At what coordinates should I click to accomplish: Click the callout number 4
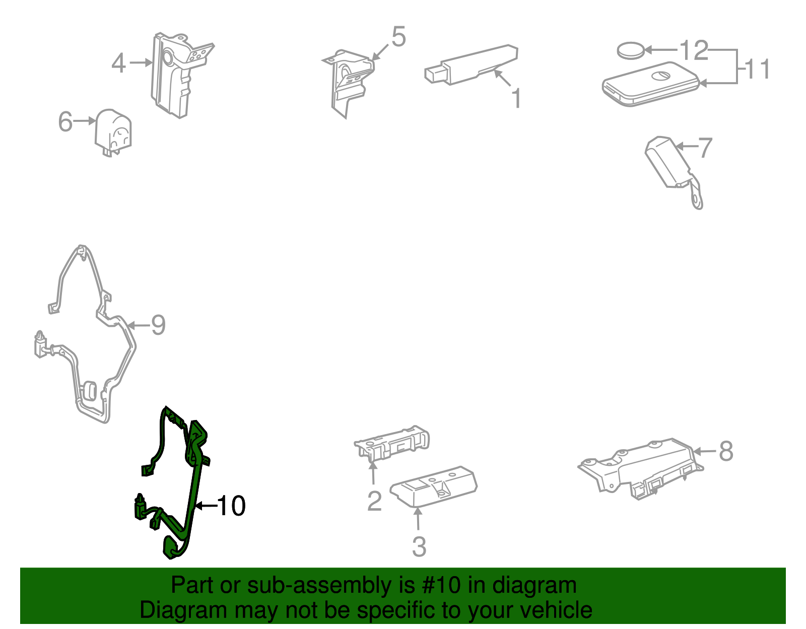click(119, 63)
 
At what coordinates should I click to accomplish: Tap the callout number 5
click(399, 37)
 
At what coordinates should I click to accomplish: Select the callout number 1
click(516, 98)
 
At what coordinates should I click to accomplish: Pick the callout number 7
click(705, 148)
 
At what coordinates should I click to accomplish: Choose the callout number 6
click(65, 121)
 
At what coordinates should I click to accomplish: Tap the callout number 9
click(158, 325)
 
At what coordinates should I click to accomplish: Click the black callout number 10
click(231, 506)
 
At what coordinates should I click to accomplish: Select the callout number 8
click(726, 451)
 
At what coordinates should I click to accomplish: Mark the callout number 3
click(419, 546)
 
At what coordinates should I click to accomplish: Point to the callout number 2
click(374, 502)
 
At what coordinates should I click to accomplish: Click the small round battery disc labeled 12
click(631, 50)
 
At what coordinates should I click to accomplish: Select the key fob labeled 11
click(651, 84)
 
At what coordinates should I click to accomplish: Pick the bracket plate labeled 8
click(641, 468)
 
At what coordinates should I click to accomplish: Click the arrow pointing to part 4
click(141, 63)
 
